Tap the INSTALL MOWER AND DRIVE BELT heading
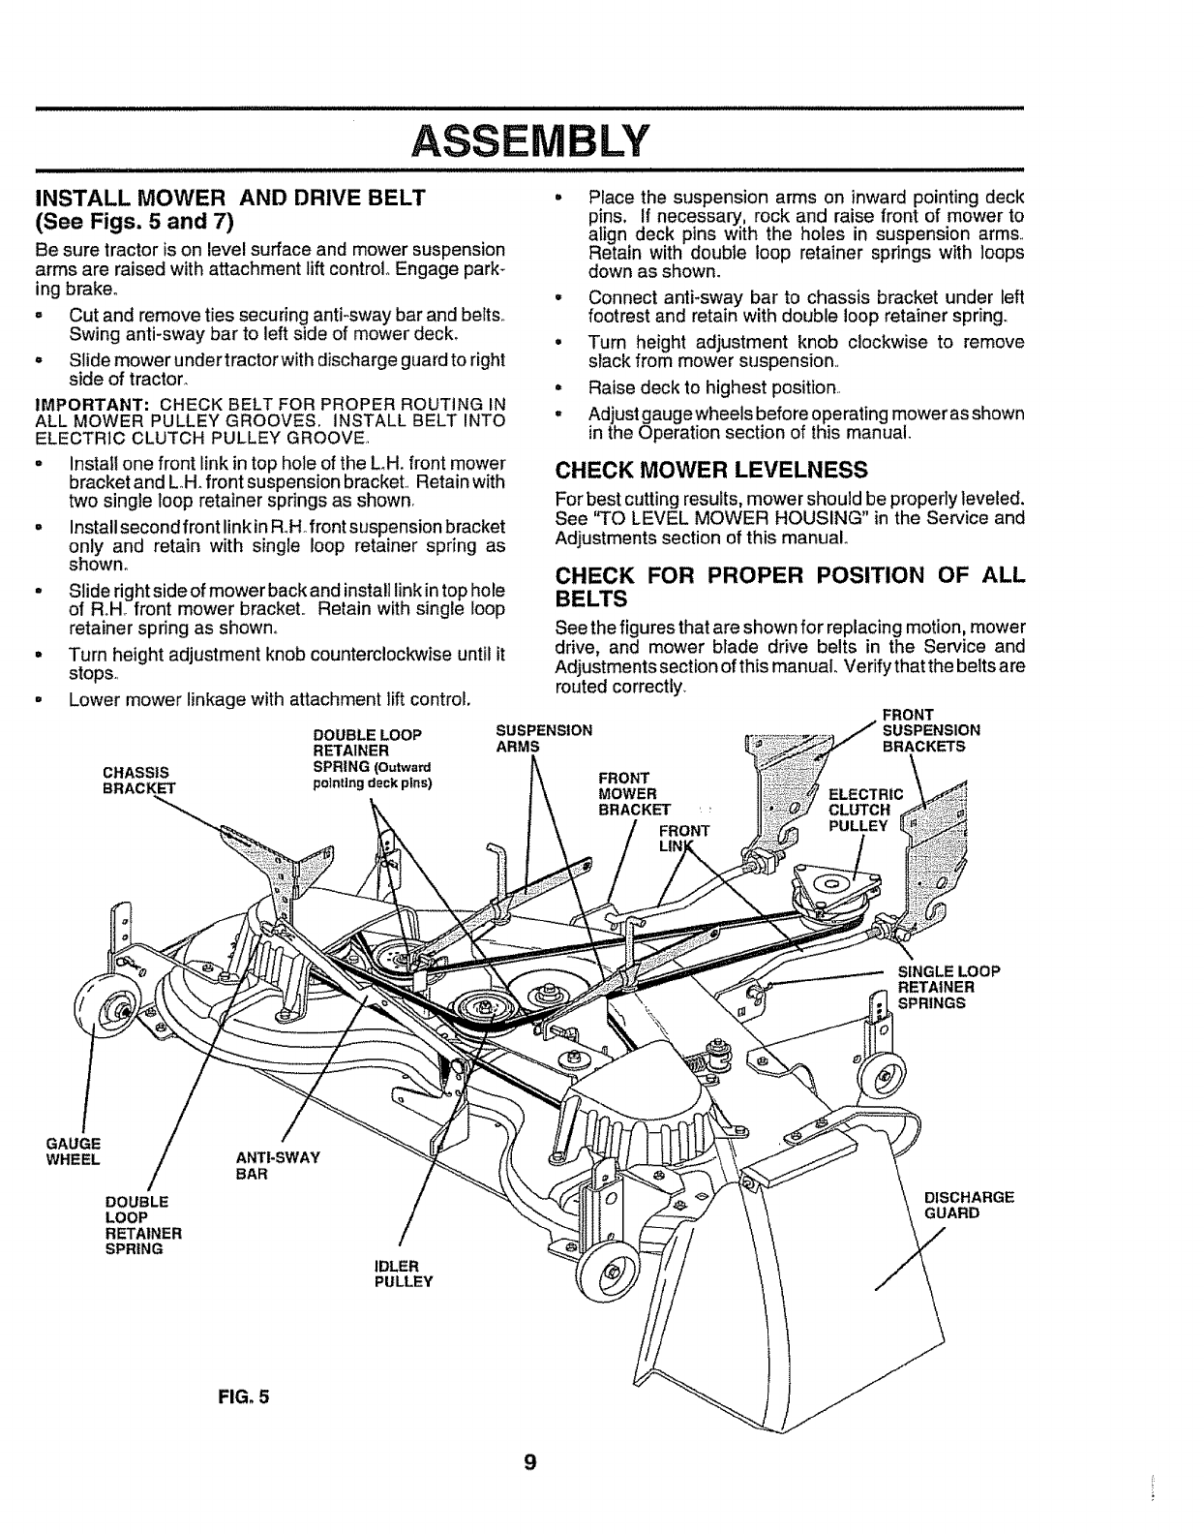point(230,199)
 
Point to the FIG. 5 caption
point(242,1396)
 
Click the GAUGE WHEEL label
point(74,1151)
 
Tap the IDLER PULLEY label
point(403,1273)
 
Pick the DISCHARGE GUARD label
point(969,1204)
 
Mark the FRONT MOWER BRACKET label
point(634,793)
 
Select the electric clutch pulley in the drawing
point(831,886)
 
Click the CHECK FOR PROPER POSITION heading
point(789,584)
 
